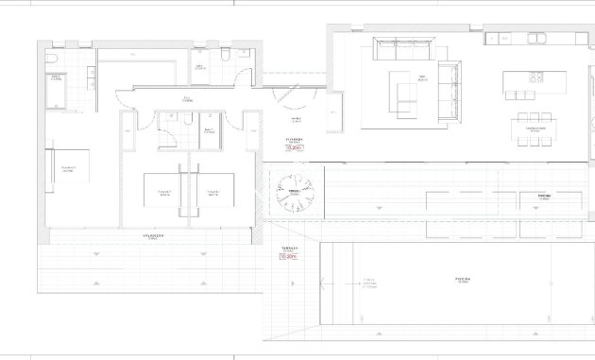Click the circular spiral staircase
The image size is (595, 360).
click(294, 196)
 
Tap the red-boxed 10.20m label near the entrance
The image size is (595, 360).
click(292, 147)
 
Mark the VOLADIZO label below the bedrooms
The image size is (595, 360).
click(155, 235)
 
